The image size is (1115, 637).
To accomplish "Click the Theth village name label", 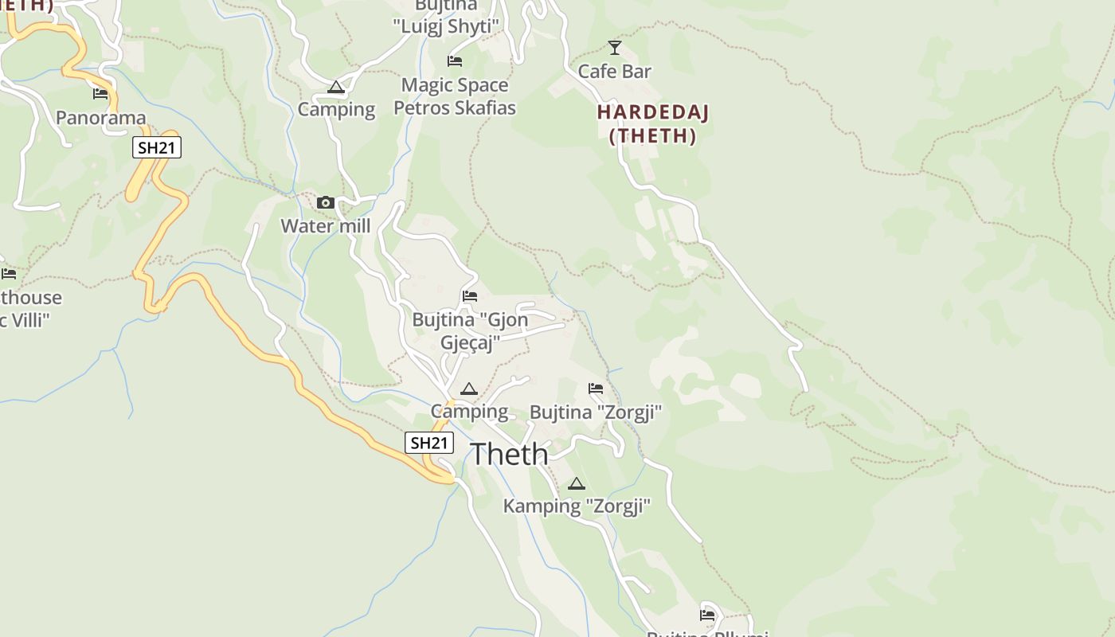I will pos(509,455).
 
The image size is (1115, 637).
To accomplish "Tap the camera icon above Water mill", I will pos(325,203).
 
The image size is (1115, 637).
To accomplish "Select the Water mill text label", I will pos(325,226).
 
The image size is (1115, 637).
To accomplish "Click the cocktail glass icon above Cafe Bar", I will pos(614,48).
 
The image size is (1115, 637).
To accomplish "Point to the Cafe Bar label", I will pos(614,72).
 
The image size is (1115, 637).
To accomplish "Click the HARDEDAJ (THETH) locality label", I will pos(652,123).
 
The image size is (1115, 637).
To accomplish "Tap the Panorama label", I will pos(100,119).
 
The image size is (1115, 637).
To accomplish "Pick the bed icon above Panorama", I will pos(100,94).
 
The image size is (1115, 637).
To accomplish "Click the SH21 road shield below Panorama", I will pos(157,147).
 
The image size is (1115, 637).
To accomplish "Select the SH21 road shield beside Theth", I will pos(429,443).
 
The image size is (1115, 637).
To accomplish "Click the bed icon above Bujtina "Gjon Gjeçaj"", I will pos(470,296).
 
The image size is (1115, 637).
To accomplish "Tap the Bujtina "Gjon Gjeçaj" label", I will pos(470,331).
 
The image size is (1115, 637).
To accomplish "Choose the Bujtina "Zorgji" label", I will pos(596,412).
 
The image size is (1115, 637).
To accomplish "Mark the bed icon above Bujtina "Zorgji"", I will pos(596,389).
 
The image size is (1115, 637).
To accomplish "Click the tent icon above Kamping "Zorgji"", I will pos(577,483).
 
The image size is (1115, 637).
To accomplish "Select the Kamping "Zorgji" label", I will pos(577,506).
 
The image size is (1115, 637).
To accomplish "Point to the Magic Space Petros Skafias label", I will pos(455,96).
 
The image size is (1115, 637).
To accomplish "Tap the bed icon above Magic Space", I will pos(455,61).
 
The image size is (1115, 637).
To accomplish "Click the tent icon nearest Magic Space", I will pos(336,87).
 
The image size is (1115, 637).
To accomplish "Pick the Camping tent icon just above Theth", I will pos(469,389).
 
